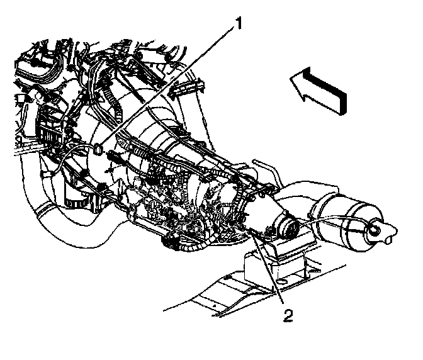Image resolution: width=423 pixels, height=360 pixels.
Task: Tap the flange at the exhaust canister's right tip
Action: pyautogui.click(x=381, y=232)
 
